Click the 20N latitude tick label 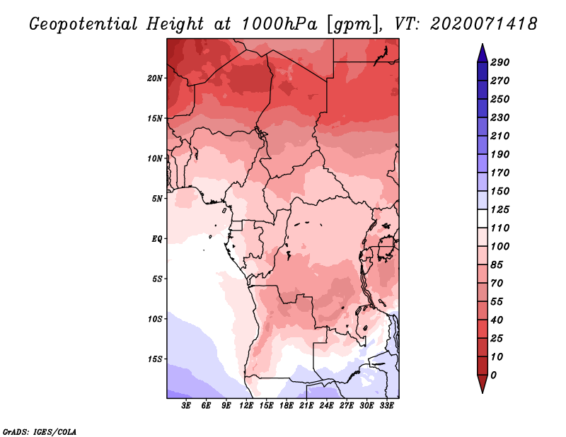click(155, 78)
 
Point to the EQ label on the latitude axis click(157, 238)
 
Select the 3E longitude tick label click(186, 406)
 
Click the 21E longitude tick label click(306, 406)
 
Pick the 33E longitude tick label click(386, 406)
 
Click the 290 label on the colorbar click(500, 62)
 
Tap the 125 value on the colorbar click(500, 209)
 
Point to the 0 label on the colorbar click(493, 375)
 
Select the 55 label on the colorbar click(497, 302)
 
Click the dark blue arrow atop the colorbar click(483, 53)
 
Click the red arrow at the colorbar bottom click(483, 384)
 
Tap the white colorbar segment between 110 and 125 click(483, 218)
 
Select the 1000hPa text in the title click(279, 24)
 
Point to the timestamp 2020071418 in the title click(484, 24)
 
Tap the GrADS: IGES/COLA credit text click(40, 432)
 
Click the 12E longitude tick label click(246, 406)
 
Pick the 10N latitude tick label click(155, 158)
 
